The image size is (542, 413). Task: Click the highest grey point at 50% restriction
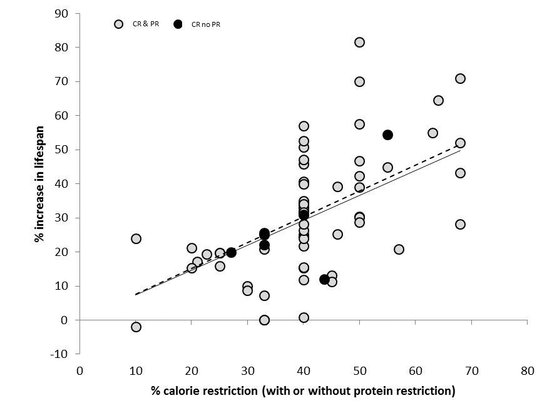tap(360, 43)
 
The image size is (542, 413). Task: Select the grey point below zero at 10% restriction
tap(136, 327)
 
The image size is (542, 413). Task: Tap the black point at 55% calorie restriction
tap(387, 135)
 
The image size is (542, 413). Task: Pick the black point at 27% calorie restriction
tap(231, 253)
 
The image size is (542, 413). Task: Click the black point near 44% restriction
tap(324, 280)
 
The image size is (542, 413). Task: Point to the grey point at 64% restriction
tap(438, 101)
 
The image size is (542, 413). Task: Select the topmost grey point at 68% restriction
tap(461, 79)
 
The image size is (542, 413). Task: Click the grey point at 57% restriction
tap(399, 250)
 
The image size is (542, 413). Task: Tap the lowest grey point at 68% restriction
tap(461, 225)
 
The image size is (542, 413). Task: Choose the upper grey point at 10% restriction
tap(136, 239)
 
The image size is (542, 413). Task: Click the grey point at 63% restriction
tap(432, 133)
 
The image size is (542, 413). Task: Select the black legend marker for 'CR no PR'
tap(178, 24)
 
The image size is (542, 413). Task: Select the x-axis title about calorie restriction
tap(303, 392)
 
